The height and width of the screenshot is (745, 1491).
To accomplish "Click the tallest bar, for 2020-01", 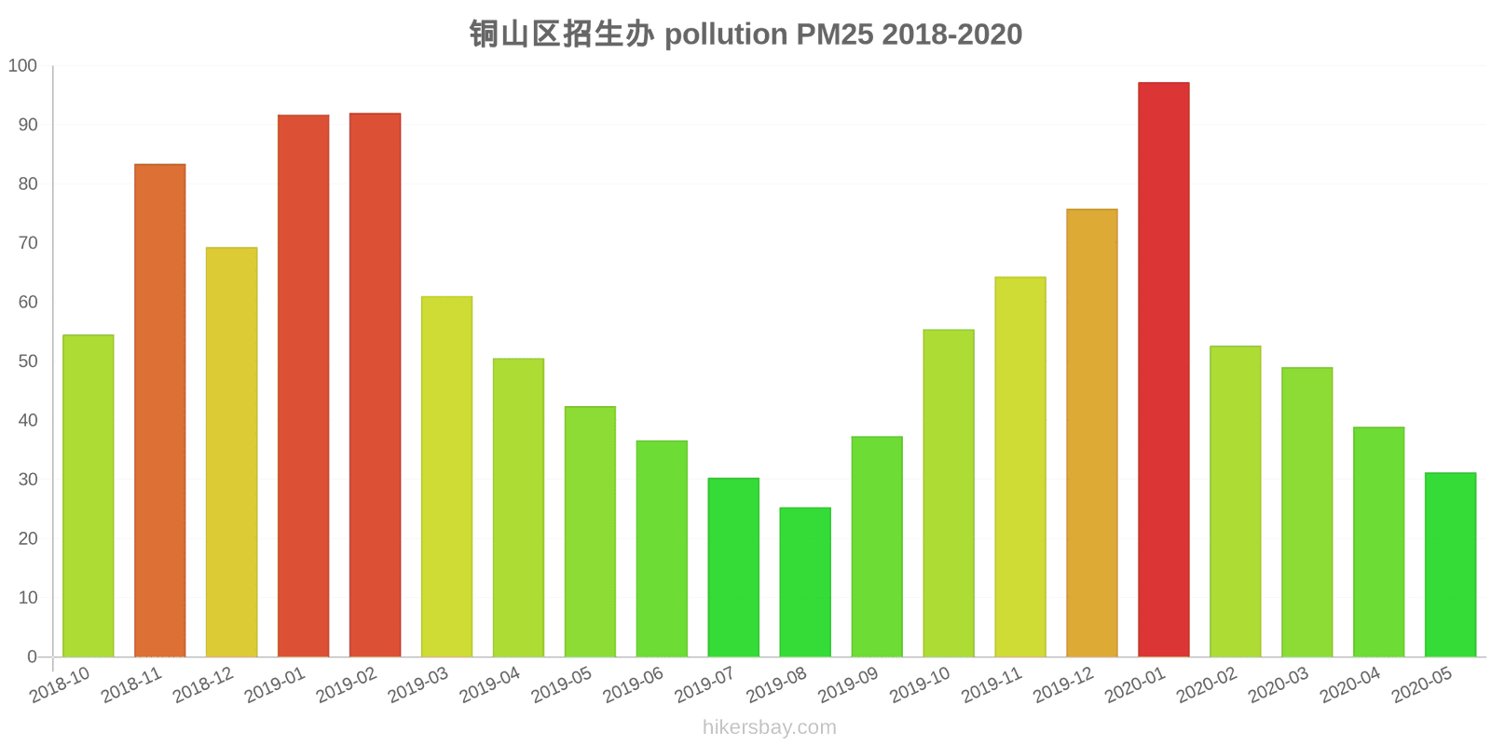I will pos(1163,370).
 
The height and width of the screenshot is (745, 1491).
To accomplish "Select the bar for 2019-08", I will pos(805,582).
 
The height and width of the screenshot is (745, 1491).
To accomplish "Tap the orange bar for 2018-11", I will pos(160,411).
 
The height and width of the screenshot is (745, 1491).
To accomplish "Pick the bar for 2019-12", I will pos(1091,433).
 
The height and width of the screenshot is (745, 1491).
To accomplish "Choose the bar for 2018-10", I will pos(89,495).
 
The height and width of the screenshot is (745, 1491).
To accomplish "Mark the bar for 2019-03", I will pos(446,477).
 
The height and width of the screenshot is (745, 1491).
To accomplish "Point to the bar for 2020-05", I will pos(1450,564).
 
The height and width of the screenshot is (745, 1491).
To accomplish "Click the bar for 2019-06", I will pos(662,549).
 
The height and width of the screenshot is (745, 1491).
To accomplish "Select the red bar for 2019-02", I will pos(375,385).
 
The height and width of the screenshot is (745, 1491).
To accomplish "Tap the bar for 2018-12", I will pos(232,452).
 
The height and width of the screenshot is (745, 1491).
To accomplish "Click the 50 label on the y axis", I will pos(27,361).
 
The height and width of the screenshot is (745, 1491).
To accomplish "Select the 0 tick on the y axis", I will pos(32,657).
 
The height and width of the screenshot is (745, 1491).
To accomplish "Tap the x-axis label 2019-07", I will pos(704,685).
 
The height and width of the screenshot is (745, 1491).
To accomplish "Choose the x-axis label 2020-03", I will pos(1278,685).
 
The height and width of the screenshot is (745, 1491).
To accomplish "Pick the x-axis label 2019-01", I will pos(274,685).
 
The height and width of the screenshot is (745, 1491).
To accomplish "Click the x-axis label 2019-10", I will pos(919,685).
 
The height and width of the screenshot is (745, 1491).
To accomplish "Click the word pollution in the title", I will pos(726,34).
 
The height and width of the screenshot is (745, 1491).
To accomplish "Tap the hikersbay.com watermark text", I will pos(770,727).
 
